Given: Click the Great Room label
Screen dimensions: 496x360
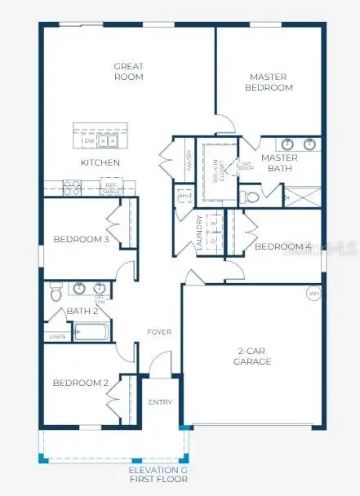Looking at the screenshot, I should (128, 71).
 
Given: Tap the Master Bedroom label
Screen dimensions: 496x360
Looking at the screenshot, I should (269, 82).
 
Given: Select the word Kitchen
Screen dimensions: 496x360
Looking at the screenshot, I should (100, 162).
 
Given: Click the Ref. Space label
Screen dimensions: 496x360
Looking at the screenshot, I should (111, 186).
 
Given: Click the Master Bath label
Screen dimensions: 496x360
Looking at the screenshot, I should (278, 162).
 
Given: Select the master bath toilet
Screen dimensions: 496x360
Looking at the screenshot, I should (251, 197).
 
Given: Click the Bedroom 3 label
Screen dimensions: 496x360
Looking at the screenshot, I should (80, 239).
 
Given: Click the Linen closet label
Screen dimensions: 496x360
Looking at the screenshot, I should (56, 336).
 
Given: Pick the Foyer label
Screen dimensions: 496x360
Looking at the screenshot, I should (158, 332).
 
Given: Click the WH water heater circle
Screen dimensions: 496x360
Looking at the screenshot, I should (313, 293).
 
